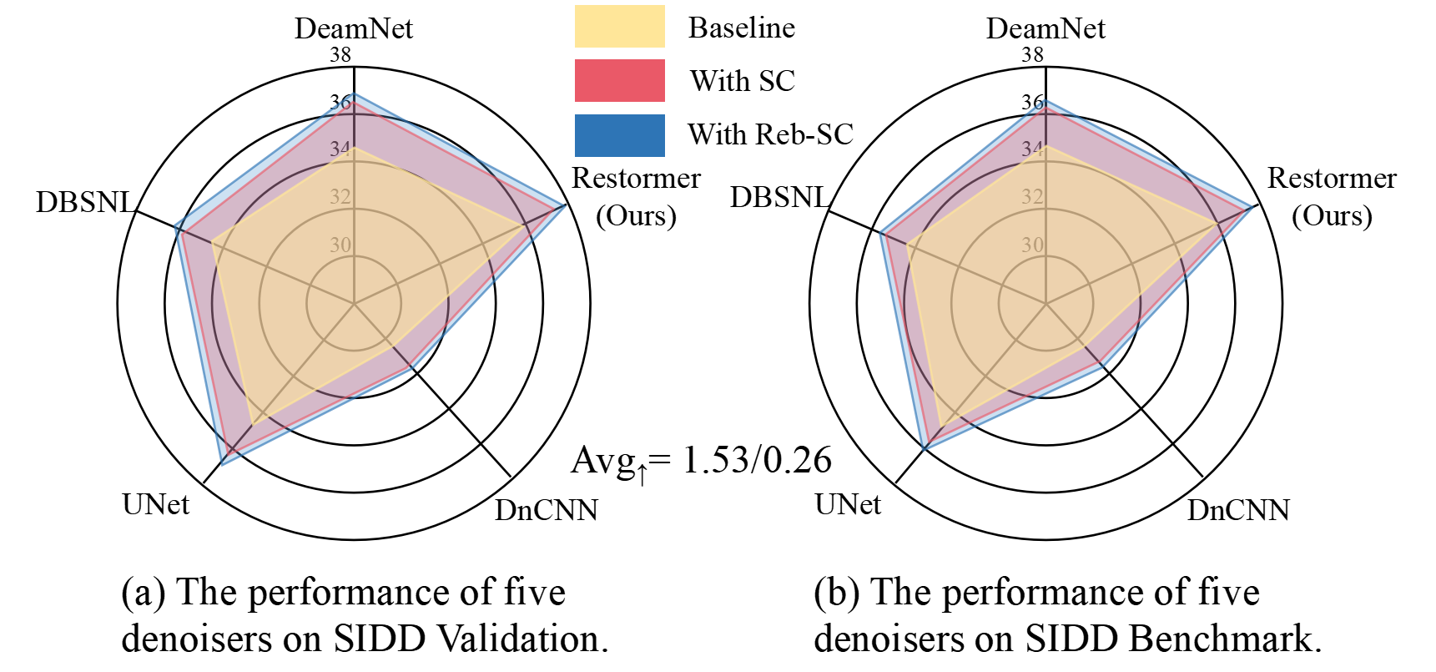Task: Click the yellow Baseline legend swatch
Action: click(x=619, y=27)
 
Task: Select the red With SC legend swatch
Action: click(x=619, y=80)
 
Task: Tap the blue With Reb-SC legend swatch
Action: click(x=619, y=134)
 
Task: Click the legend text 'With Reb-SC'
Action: click(x=770, y=134)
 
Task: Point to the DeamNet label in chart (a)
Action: click(x=353, y=28)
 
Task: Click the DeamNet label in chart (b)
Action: click(x=1045, y=28)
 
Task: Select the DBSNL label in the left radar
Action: click(x=84, y=202)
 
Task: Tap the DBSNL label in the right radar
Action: click(x=778, y=197)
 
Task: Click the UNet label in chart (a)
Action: click(x=155, y=504)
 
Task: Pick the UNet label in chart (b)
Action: click(x=848, y=504)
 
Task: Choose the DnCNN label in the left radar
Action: click(x=546, y=509)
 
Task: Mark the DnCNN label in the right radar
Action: click(x=1238, y=509)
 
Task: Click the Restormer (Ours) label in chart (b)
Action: click(x=1332, y=196)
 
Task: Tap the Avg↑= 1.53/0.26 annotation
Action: click(x=701, y=461)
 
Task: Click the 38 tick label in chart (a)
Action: click(x=340, y=55)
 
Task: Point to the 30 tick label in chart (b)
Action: click(x=1032, y=245)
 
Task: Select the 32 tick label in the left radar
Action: click(x=340, y=197)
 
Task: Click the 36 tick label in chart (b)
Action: click(x=1032, y=102)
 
